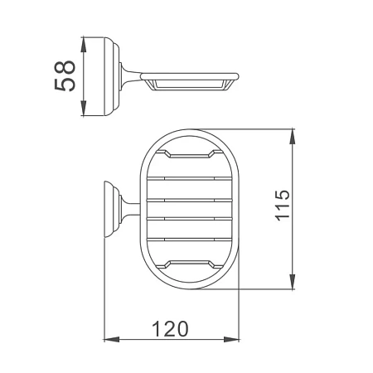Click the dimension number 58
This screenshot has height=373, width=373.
(65, 75)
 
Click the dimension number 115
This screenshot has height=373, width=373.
(283, 205)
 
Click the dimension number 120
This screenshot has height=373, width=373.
(170, 328)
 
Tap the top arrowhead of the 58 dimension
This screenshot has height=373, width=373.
(84, 45)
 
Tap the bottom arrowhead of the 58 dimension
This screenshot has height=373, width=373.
(84, 108)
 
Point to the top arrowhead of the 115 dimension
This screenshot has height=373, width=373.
(292, 137)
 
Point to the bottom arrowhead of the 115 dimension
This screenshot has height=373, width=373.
(292, 282)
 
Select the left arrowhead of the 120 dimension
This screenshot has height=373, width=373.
(112, 339)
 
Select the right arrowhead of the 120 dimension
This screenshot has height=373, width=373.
(231, 339)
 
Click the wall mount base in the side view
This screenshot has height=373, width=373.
(111, 76)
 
